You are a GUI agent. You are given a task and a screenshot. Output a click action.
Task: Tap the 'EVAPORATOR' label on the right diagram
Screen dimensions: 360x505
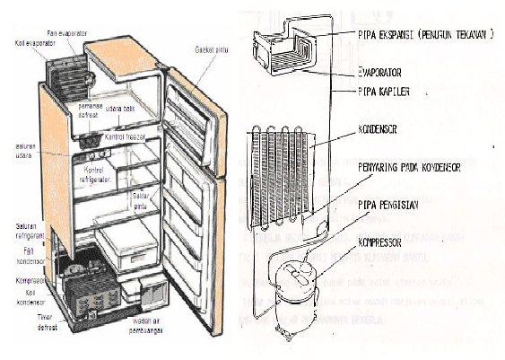pyautogui.click(x=379, y=73)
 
